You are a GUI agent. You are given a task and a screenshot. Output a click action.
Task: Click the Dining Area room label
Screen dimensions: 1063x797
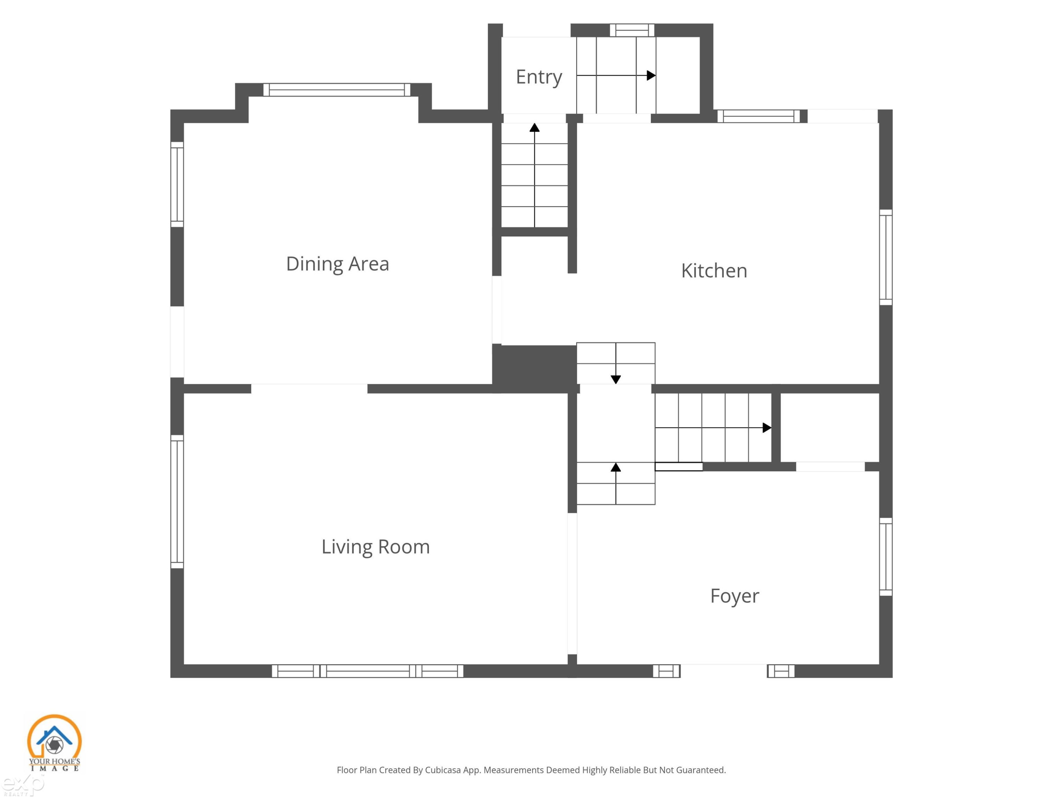(337, 264)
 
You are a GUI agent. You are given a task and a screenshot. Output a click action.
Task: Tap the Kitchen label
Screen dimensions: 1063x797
(714, 271)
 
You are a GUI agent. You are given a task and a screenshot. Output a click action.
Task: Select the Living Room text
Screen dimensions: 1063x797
(375, 547)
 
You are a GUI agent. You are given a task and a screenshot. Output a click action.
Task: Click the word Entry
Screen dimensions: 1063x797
(539, 77)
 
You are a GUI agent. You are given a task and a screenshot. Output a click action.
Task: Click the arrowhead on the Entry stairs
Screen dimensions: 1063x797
(651, 75)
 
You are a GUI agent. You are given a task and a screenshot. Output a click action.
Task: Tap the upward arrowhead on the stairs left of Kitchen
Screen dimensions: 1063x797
(534, 127)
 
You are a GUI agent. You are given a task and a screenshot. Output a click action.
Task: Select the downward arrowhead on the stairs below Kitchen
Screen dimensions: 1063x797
(615, 379)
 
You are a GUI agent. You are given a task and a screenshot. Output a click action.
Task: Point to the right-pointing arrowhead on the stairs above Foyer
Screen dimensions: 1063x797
(767, 428)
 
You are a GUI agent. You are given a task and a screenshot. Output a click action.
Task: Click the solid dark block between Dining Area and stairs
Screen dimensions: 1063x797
(534, 368)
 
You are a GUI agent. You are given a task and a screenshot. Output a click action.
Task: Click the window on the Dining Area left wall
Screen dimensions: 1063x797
(177, 185)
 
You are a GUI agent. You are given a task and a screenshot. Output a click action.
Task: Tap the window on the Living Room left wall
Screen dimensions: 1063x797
(177, 502)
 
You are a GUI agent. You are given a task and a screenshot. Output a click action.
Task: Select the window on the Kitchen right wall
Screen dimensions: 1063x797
(886, 257)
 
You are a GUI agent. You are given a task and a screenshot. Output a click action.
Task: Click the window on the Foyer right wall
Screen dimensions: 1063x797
(886, 557)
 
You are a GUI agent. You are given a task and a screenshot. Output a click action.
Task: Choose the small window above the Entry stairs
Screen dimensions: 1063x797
(632, 30)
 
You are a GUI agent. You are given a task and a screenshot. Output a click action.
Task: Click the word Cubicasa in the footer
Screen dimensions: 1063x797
(443, 770)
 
